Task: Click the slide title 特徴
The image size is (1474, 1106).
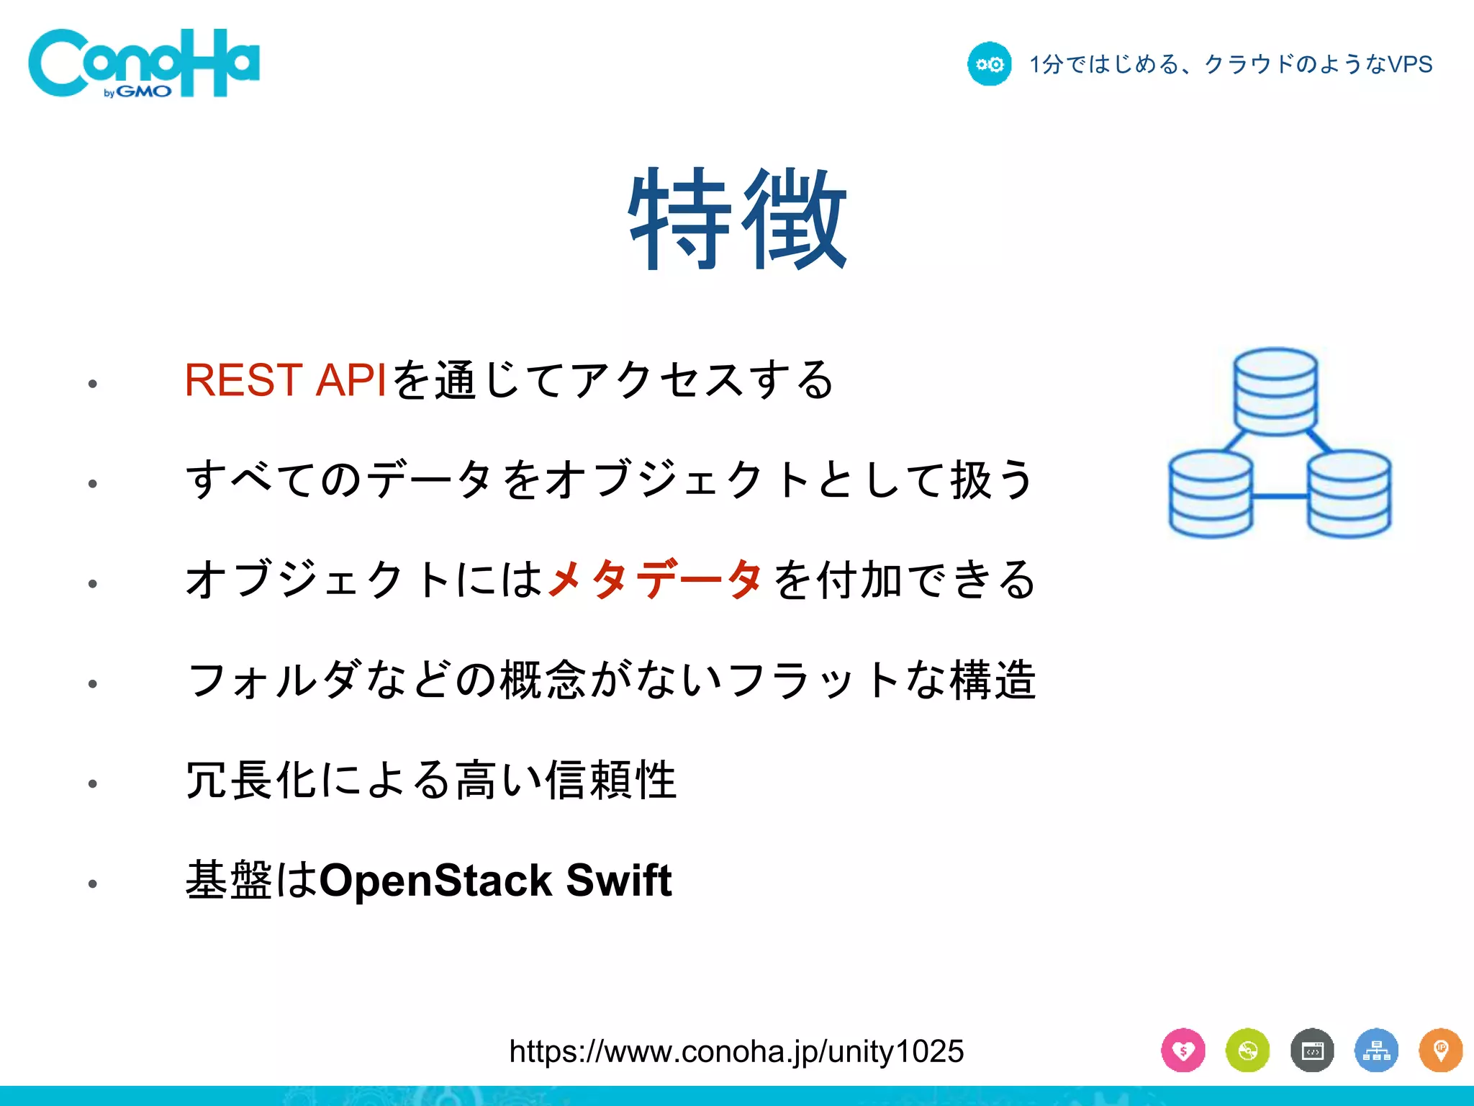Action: click(x=737, y=219)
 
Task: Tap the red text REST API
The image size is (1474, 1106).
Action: click(x=286, y=379)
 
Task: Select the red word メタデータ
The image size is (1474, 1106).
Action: click(x=654, y=579)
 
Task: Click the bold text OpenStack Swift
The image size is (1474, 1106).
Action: click(x=495, y=880)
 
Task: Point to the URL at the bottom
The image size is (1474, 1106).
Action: click(x=736, y=1051)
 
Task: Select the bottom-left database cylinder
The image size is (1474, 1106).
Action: click(x=1211, y=493)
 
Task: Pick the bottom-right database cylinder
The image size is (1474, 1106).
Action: click(x=1348, y=493)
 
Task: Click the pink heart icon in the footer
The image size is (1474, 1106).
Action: click(x=1183, y=1051)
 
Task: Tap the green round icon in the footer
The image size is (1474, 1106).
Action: click(x=1247, y=1051)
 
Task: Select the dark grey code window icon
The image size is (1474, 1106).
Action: click(x=1312, y=1051)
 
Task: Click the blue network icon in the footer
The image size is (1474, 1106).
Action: click(x=1376, y=1051)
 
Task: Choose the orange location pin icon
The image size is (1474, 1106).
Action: click(x=1440, y=1051)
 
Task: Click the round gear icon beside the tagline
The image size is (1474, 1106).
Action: click(x=989, y=64)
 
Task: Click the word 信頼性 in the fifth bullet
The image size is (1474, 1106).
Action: click(x=611, y=780)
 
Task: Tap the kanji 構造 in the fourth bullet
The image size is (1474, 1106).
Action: click(x=993, y=679)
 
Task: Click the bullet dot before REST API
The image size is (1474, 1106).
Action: click(x=92, y=384)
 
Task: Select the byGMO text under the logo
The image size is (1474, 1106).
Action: click(x=137, y=92)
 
